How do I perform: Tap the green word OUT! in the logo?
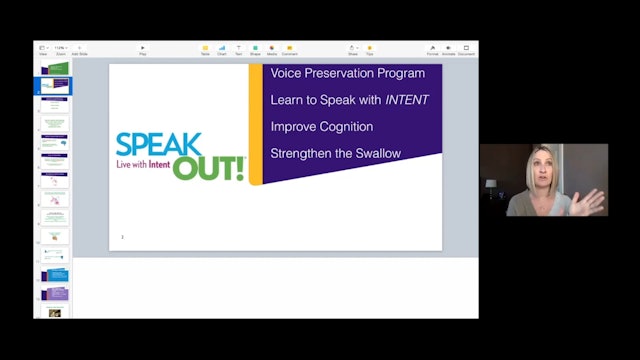click(x=208, y=167)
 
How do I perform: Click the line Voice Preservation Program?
click(x=347, y=74)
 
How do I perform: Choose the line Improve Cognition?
click(x=321, y=127)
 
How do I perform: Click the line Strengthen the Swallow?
click(x=335, y=153)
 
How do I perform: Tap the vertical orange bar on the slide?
click(x=255, y=124)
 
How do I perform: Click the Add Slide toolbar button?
click(x=80, y=50)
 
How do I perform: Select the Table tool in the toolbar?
click(x=205, y=50)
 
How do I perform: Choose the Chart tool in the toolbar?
click(x=221, y=50)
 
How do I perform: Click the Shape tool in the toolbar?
click(x=255, y=50)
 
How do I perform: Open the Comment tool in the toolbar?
click(x=289, y=50)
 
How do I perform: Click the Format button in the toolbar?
click(x=432, y=50)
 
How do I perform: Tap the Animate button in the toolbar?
click(x=449, y=50)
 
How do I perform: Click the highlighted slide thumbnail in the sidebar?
click(x=56, y=86)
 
